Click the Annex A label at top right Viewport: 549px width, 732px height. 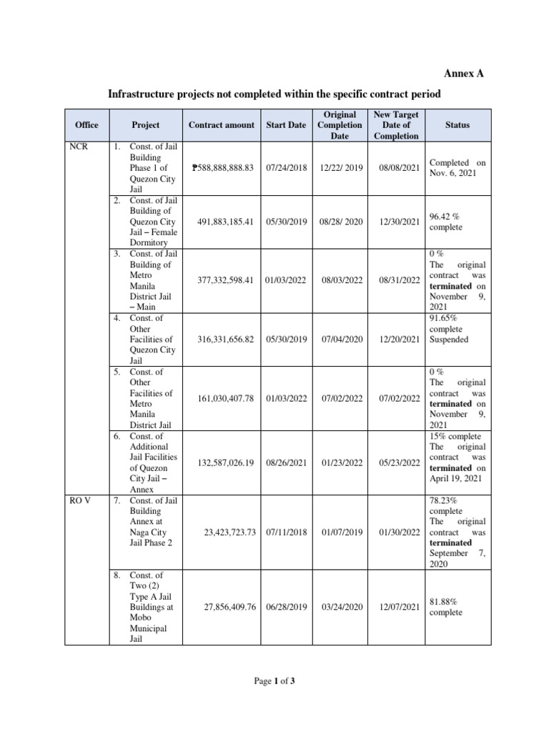[469, 74]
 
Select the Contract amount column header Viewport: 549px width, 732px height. [221, 125]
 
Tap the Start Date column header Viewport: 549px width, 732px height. [286, 125]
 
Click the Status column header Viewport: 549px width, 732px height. [457, 125]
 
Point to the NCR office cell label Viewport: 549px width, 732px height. [78, 147]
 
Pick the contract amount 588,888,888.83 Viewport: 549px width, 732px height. [223, 168]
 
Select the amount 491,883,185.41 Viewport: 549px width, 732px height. [226, 222]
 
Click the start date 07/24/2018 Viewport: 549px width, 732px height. [286, 168]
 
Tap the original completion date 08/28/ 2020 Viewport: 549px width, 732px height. [340, 222]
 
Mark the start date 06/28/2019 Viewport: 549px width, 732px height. [286, 607]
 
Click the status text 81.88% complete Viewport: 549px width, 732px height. [447, 607]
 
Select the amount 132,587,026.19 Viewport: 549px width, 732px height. [226, 463]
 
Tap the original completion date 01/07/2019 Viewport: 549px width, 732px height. [340, 533]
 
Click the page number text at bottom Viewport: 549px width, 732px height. [274, 681]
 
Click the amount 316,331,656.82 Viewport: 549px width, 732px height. [226, 340]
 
